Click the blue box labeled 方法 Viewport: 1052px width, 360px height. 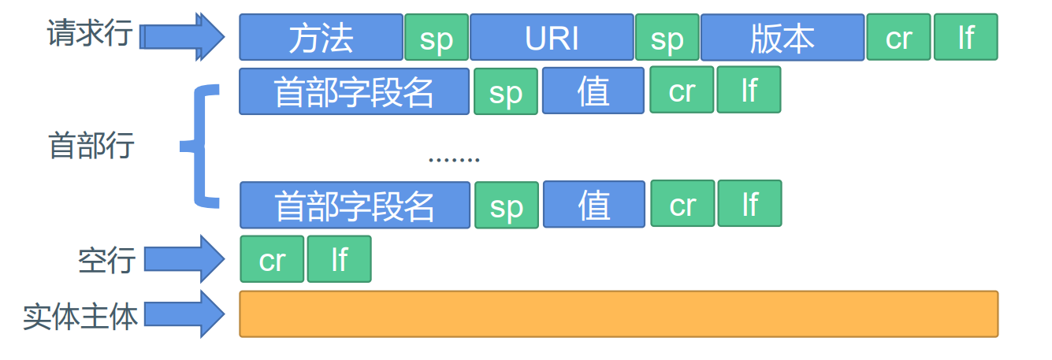point(321,37)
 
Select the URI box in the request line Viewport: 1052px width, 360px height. point(552,37)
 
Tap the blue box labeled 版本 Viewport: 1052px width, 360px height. point(782,37)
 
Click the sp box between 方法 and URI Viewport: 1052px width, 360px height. point(437,37)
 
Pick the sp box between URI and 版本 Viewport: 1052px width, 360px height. point(667,37)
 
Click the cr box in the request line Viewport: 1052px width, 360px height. point(898,37)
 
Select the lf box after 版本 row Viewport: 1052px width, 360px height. point(966,37)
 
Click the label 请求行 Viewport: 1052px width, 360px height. point(89,33)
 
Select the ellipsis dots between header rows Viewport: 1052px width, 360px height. point(453,159)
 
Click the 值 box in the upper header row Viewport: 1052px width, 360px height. point(593,91)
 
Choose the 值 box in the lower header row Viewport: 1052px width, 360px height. point(593,205)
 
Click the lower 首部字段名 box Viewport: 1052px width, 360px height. point(355,206)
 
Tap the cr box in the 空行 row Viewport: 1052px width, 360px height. point(272,259)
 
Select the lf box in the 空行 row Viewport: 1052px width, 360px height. point(339,259)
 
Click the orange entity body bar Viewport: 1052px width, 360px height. point(619,314)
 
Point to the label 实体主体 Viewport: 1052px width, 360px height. point(80,316)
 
